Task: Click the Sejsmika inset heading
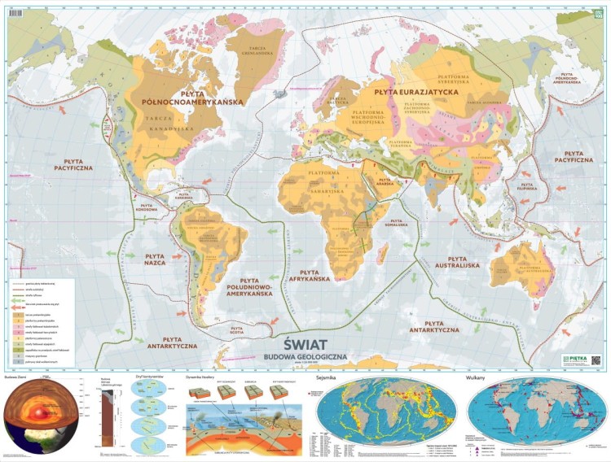click(326, 378)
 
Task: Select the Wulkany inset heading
click(475, 378)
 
